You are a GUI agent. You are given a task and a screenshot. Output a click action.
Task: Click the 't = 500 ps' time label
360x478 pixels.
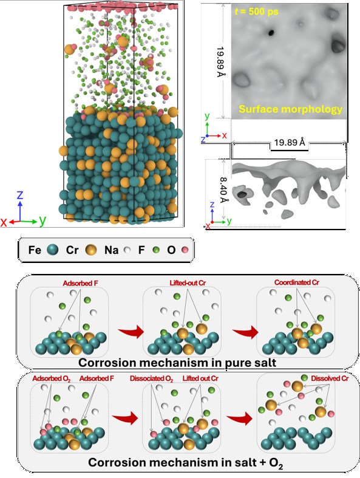click(256, 12)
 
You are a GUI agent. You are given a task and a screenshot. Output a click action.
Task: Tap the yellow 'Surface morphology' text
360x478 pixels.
click(291, 109)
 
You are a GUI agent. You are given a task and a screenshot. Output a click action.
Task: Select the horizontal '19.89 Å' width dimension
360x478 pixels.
click(290, 142)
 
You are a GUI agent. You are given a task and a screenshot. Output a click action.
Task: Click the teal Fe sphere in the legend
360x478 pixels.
click(53, 250)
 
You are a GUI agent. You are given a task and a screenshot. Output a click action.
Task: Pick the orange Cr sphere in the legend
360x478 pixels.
click(91, 250)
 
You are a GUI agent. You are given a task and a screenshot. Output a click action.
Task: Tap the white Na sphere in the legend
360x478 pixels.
click(127, 250)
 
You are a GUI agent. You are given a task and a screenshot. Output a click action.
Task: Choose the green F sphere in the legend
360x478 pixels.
click(156, 250)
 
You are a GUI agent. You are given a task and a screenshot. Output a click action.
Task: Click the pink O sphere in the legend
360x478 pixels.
click(185, 250)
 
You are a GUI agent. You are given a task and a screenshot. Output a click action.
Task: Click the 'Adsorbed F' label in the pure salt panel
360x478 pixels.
click(81, 283)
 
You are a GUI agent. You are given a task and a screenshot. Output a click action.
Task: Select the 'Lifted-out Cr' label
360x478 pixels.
click(188, 283)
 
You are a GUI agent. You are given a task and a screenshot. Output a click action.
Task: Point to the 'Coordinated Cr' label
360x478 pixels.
click(297, 282)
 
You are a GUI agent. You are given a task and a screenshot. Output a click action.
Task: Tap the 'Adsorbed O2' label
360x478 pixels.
click(52, 378)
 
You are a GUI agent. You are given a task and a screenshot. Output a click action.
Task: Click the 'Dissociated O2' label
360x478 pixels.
click(152, 378)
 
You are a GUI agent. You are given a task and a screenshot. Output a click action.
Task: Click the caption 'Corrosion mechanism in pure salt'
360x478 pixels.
click(177, 363)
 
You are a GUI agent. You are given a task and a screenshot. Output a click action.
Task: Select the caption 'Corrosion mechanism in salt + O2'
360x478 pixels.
click(186, 462)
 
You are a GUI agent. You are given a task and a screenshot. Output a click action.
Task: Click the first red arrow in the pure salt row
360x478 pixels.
click(131, 332)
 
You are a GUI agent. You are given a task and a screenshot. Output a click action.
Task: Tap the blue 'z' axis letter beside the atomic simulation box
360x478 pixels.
click(20, 195)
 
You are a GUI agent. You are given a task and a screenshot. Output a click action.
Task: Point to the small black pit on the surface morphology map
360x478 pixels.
click(271, 33)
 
